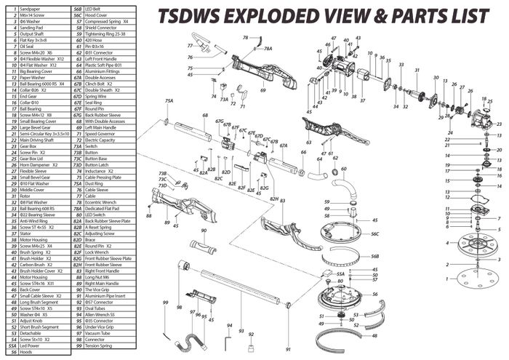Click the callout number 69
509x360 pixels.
coord(263,91)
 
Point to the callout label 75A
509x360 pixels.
coord(169,100)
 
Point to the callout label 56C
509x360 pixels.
coord(375,233)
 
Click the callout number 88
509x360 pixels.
coord(148,216)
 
